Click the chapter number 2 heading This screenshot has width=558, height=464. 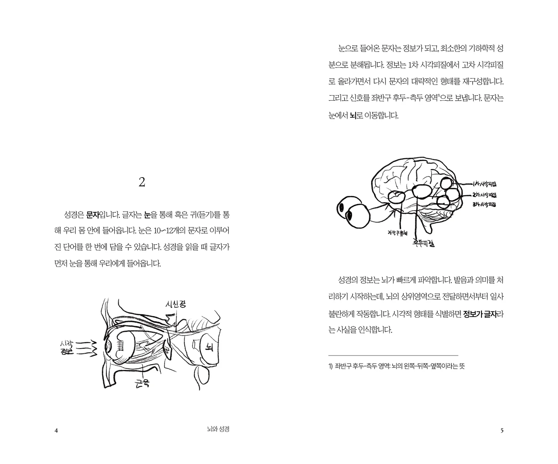[142, 182]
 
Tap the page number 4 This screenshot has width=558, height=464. [56, 430]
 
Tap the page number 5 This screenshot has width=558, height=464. [502, 430]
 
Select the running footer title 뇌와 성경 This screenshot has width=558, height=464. [219, 430]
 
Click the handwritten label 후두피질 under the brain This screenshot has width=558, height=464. [423, 243]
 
